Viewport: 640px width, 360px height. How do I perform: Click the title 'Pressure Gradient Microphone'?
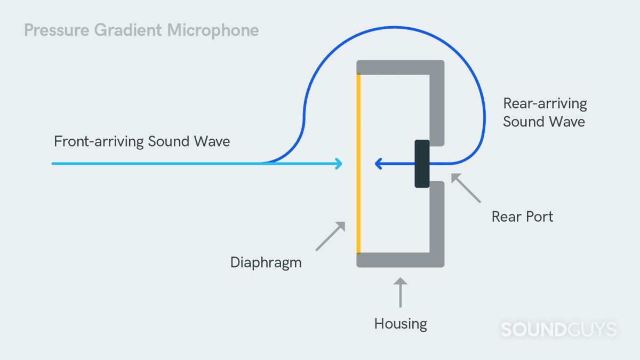tap(141, 30)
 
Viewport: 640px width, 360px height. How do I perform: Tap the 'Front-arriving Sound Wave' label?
tap(142, 142)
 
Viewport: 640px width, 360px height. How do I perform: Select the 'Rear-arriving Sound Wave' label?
tap(545, 113)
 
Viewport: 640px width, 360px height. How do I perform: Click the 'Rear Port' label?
tap(522, 217)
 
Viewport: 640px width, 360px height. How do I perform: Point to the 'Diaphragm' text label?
tap(266, 262)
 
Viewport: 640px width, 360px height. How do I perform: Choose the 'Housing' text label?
tap(401, 324)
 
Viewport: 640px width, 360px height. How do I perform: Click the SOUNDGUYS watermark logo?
tap(558, 330)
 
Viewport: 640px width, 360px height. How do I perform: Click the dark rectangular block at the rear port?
tap(422, 163)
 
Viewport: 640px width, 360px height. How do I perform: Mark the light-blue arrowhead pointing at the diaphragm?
tap(338, 163)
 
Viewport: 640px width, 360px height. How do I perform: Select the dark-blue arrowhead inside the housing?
tap(379, 163)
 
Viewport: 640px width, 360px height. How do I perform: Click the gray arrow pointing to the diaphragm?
tap(331, 236)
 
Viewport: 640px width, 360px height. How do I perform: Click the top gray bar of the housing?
tap(400, 67)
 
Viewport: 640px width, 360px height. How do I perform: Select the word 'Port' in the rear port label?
tap(538, 217)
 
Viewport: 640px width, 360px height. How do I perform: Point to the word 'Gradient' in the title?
tap(129, 30)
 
